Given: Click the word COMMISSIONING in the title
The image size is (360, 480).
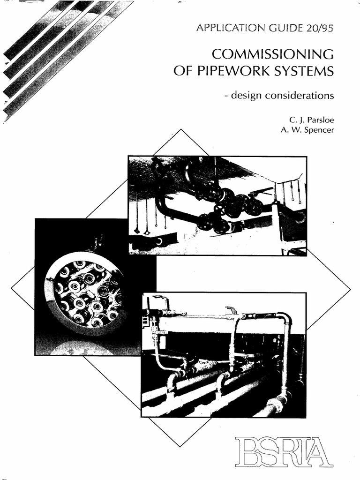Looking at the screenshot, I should pyautogui.click(x=272, y=55).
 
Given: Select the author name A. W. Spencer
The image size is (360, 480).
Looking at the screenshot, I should pyautogui.click(x=307, y=130).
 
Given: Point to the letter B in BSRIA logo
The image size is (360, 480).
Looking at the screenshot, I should pyautogui.click(x=246, y=451).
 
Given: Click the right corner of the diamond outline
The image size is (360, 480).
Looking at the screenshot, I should pyautogui.click(x=350, y=286).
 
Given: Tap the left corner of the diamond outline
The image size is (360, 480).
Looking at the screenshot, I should pyautogui.click(x=11, y=286).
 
